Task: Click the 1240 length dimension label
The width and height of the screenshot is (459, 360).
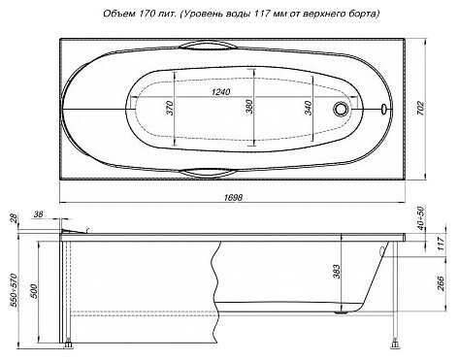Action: (220, 92)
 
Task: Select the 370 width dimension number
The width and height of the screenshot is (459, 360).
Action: (170, 108)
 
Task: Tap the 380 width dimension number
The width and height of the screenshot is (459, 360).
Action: (249, 107)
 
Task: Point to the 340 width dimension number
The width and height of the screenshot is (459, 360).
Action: (309, 108)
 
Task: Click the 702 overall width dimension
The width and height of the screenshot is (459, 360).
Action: (420, 109)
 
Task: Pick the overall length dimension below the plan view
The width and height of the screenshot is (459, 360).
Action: (233, 198)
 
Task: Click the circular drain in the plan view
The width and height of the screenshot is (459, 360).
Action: (341, 109)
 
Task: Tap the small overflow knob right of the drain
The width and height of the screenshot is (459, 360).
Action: (383, 109)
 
